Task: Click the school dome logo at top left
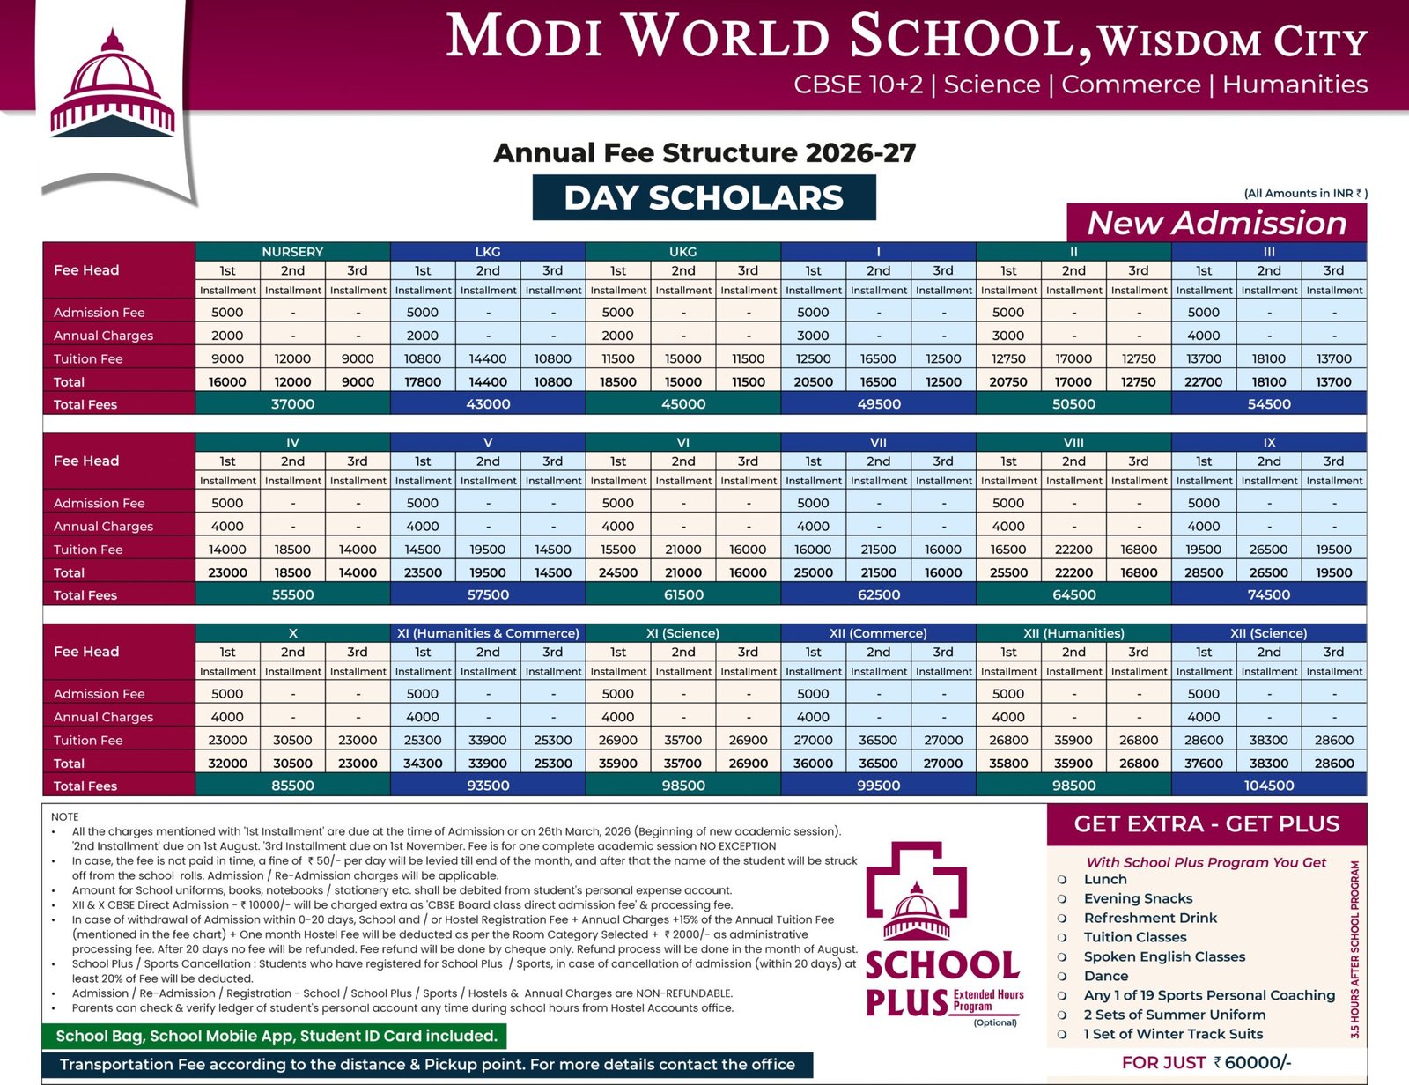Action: coord(112,86)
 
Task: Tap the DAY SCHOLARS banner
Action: coord(704,197)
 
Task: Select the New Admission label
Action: coord(1216,223)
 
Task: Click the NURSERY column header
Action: coord(292,252)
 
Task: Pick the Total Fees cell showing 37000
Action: coord(292,404)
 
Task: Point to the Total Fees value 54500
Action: coord(1269,404)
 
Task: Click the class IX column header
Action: coord(1269,442)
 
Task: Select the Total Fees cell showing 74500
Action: coord(1269,594)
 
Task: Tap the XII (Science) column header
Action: coord(1269,633)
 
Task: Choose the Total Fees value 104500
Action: coord(1269,786)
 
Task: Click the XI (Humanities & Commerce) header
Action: coord(488,633)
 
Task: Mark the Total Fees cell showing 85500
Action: coord(292,786)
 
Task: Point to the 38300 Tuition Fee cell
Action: coord(1269,740)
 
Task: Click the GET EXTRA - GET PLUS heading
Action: coord(1206,824)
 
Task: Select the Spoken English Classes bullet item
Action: coord(1164,956)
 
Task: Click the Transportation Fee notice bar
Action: coord(427,1064)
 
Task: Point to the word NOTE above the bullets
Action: coord(65,816)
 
